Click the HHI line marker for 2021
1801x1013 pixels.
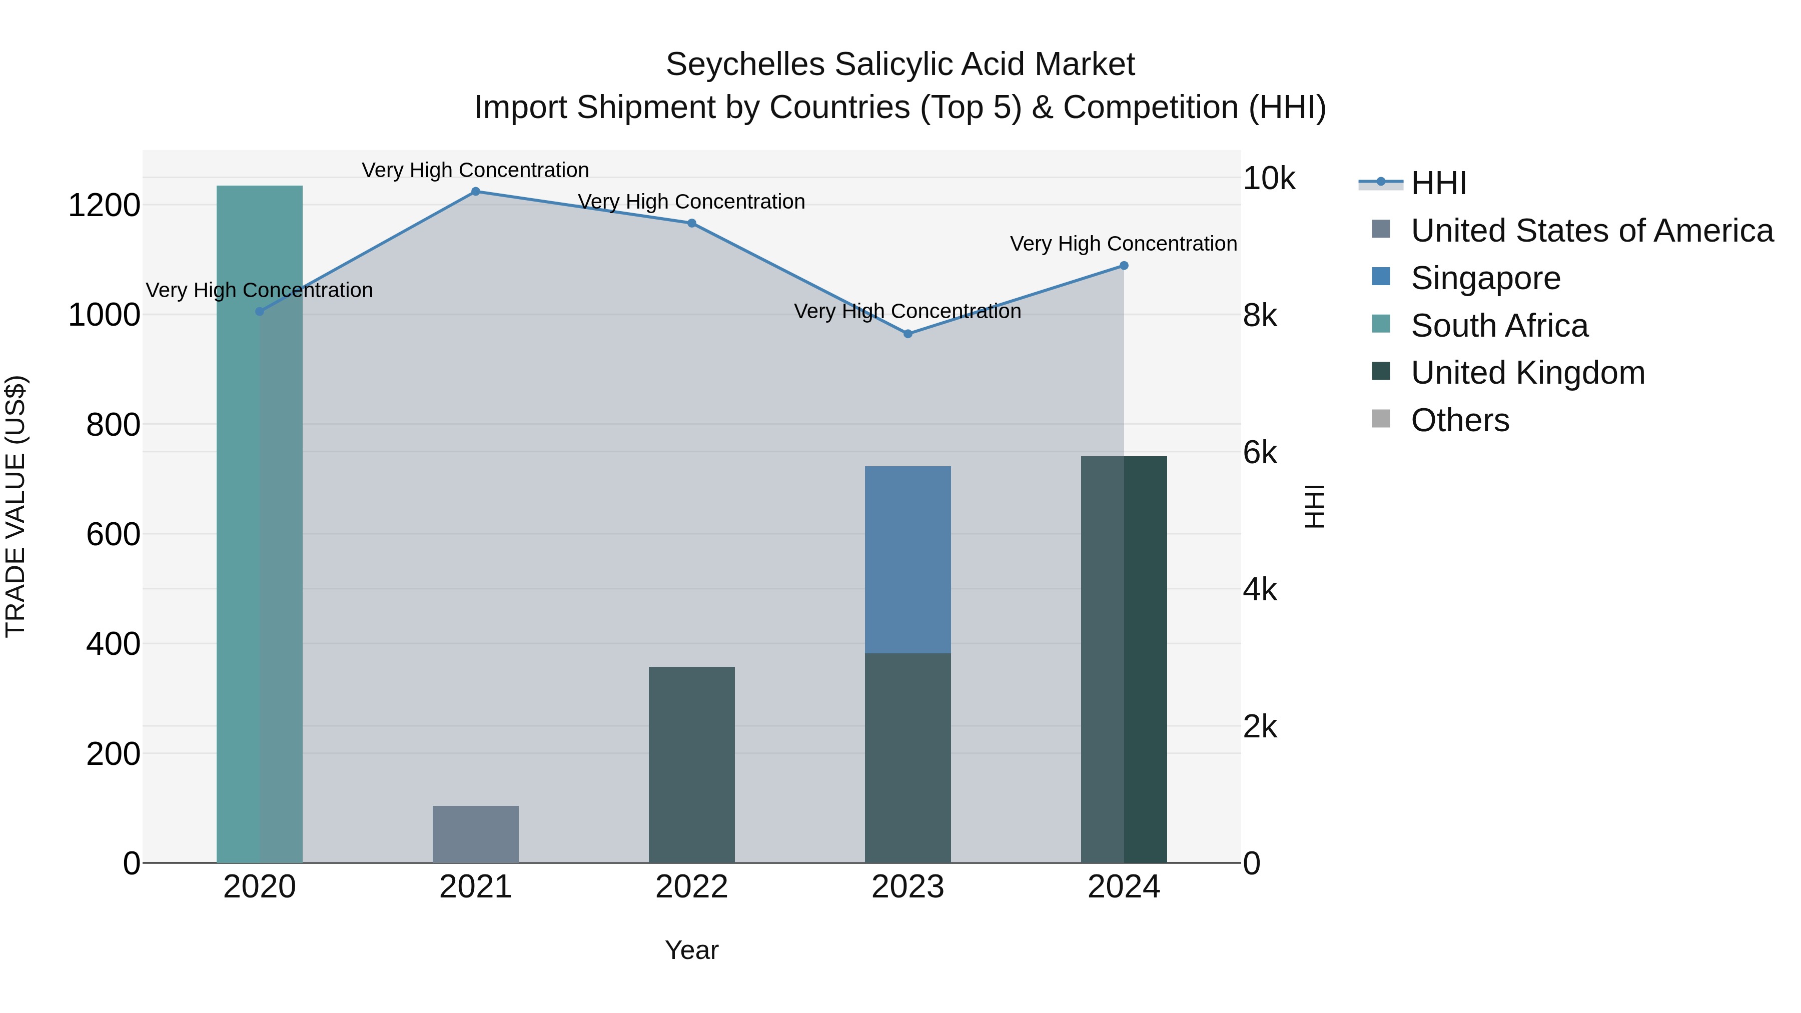click(x=475, y=192)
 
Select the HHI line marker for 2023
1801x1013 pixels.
click(x=908, y=334)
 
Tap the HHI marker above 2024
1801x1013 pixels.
click(x=1124, y=266)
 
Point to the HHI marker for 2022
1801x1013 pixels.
click(x=691, y=223)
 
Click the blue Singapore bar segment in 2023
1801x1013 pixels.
click(x=908, y=559)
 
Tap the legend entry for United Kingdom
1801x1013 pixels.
click(x=1528, y=373)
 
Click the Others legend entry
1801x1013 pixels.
click(x=1460, y=420)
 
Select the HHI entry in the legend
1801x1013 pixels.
click(x=1438, y=183)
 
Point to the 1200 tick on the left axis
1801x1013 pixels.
click(x=104, y=206)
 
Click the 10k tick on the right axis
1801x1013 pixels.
click(x=1268, y=179)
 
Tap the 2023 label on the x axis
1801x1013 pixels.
click(x=908, y=887)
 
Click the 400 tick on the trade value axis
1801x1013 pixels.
click(x=113, y=644)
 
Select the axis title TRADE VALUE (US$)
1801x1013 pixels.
click(x=16, y=506)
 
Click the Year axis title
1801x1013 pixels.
click(x=691, y=950)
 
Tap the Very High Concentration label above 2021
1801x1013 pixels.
click(x=475, y=170)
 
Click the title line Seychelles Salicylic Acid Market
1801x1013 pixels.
click(x=900, y=65)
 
